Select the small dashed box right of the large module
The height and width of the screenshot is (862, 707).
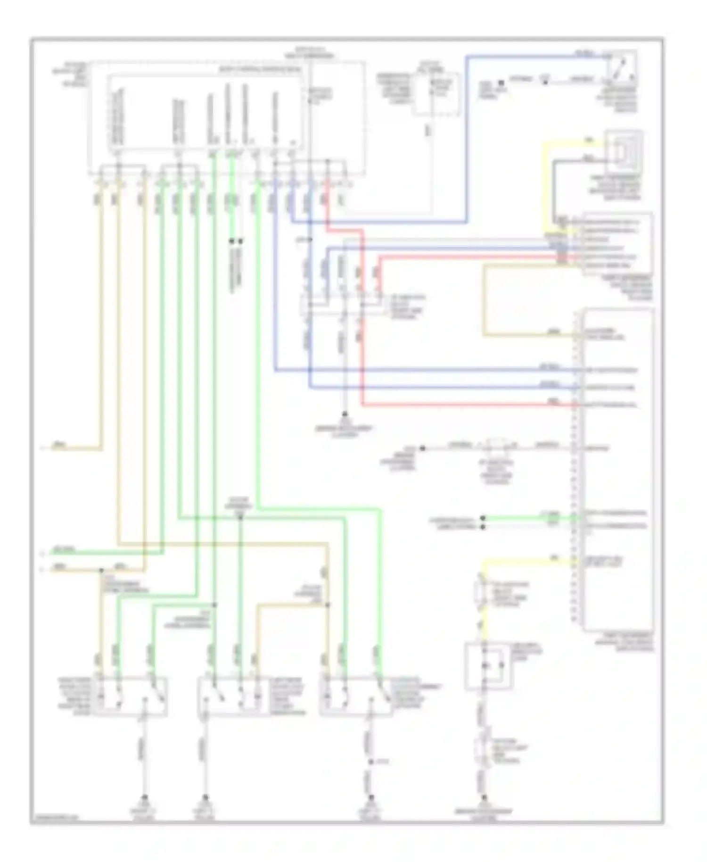(436, 94)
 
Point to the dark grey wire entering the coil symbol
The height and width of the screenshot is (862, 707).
(580, 161)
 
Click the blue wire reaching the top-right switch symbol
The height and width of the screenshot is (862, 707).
(533, 57)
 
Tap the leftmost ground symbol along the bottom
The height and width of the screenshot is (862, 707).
(145, 798)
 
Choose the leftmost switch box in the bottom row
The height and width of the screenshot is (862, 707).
(130, 697)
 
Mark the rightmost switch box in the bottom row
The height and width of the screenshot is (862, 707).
(356, 697)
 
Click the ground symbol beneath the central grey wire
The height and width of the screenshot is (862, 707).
(345, 415)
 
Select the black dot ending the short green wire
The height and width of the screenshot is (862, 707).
(483, 518)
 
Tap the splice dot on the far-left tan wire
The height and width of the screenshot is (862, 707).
(101, 570)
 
